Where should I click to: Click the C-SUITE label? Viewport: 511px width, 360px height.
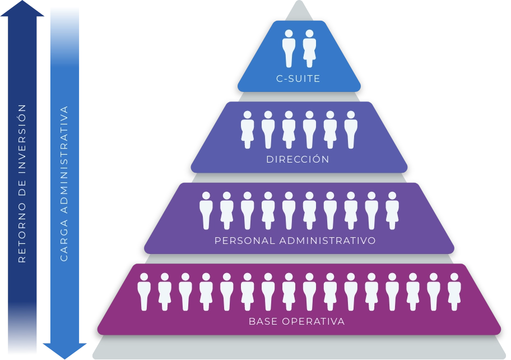(x=298, y=79)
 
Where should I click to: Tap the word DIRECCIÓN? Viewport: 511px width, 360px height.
(x=298, y=159)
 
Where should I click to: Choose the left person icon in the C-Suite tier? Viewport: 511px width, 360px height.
(x=289, y=48)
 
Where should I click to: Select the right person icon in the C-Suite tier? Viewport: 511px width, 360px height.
(x=309, y=48)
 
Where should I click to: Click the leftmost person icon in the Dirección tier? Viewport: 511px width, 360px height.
(x=247, y=130)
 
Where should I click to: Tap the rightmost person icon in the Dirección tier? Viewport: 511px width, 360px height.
(x=351, y=130)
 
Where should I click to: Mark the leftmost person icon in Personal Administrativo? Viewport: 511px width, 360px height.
(x=206, y=210)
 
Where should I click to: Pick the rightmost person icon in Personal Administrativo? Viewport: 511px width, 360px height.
(x=392, y=210)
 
